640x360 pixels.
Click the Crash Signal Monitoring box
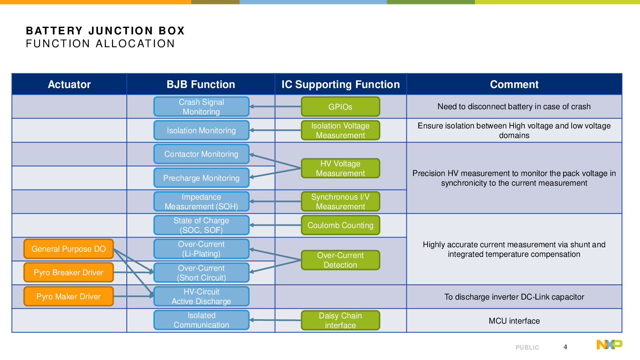202,106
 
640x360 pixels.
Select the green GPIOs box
340,106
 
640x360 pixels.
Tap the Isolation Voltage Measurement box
340,130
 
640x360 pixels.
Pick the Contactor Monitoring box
202,154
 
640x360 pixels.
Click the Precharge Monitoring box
202,178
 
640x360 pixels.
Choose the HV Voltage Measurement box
340,168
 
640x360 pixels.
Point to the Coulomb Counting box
340,225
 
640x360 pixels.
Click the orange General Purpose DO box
68,249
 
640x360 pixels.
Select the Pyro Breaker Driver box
68,272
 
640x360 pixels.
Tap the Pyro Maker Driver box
68,296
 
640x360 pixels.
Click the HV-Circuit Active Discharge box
202,296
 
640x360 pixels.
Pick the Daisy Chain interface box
340,320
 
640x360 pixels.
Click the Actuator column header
69,84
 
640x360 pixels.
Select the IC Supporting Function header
340,84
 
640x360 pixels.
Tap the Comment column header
514,84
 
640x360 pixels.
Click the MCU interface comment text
514,321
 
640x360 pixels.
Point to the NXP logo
610,344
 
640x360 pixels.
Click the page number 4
565,347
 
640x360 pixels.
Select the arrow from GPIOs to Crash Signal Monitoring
275,106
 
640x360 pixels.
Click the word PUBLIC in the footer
527,348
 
